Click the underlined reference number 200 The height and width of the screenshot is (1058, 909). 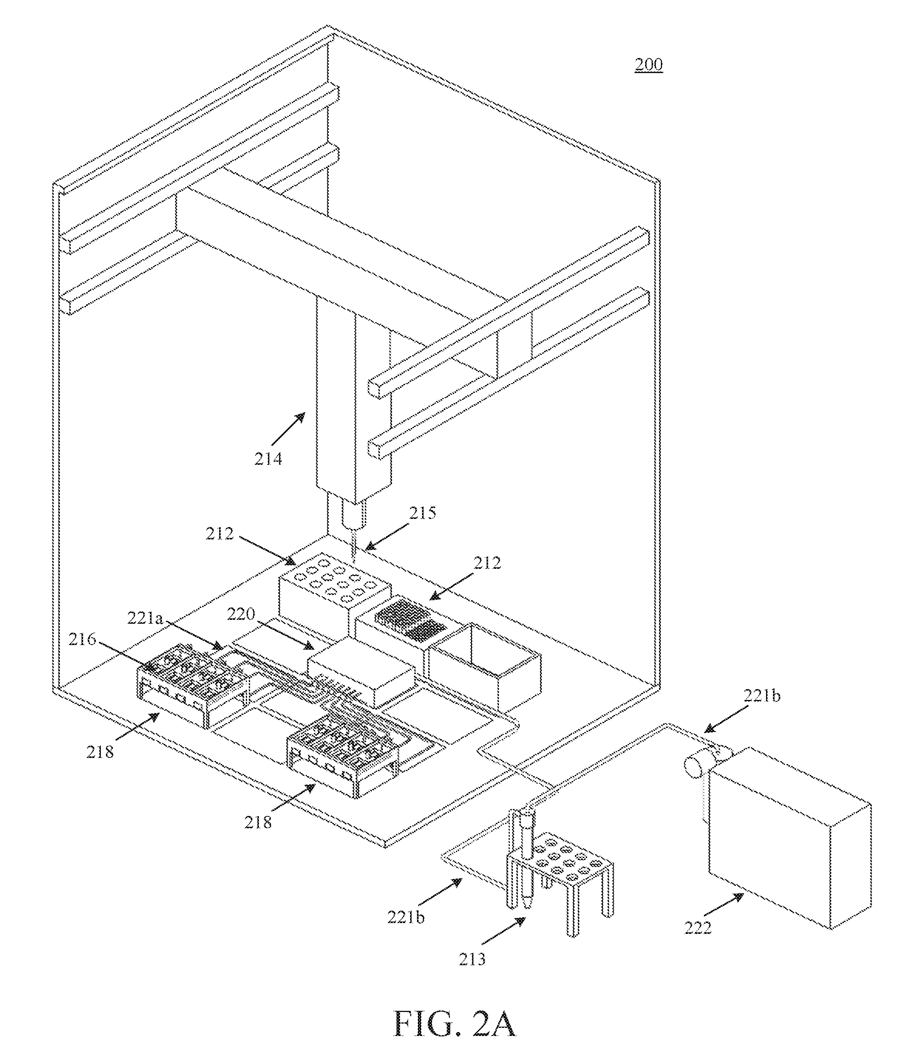click(649, 65)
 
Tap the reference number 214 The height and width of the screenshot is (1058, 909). click(269, 459)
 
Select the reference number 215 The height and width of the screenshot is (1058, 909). click(422, 513)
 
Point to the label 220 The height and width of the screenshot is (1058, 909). click(240, 614)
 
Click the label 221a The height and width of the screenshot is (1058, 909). click(145, 618)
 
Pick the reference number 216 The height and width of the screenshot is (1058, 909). click(83, 639)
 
